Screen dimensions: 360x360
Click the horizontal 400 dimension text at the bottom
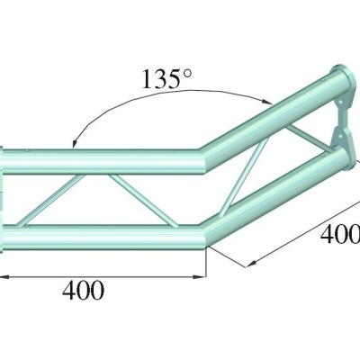tap(84, 290)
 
